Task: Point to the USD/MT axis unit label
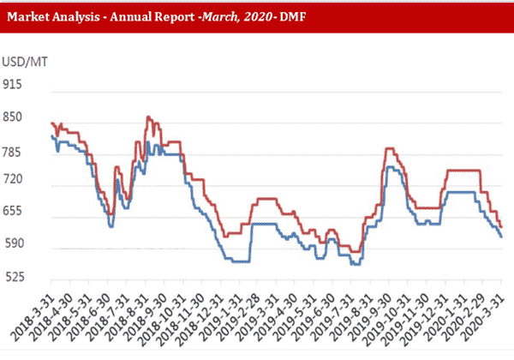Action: [x=23, y=63]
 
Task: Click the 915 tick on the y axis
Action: [x=15, y=85]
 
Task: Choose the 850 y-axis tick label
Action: [x=15, y=117]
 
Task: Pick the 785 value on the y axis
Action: [x=15, y=152]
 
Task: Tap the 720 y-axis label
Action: [x=15, y=185]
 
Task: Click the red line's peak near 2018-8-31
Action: [x=148, y=117]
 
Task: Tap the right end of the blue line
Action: [x=502, y=237]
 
